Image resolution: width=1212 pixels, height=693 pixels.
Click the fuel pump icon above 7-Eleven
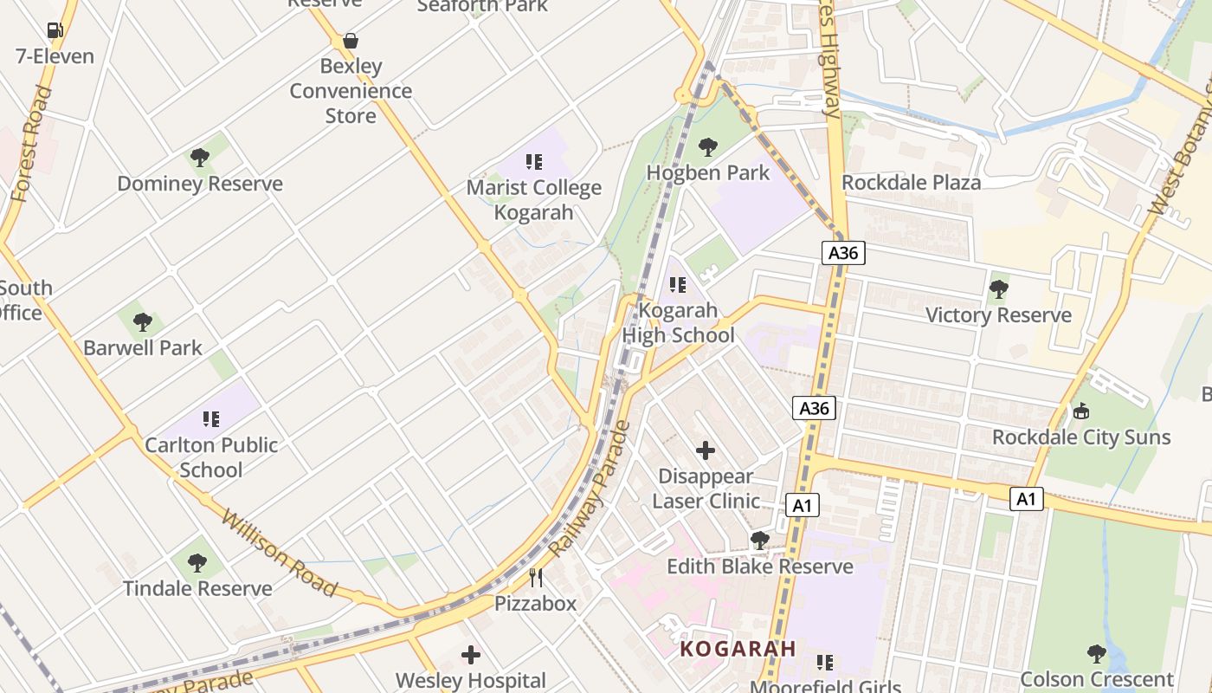(x=55, y=30)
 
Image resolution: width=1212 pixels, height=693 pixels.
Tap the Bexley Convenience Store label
(x=351, y=91)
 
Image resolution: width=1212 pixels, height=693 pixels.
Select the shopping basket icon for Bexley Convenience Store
(x=351, y=41)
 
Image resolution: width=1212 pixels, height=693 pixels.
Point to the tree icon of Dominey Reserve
(x=200, y=158)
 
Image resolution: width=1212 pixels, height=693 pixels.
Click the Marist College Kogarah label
(x=533, y=200)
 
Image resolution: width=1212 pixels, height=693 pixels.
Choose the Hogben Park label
(x=708, y=172)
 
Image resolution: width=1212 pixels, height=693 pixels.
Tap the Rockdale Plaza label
(x=912, y=183)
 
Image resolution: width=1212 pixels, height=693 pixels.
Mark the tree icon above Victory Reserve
(x=999, y=289)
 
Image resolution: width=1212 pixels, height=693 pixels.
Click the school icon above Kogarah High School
(x=678, y=284)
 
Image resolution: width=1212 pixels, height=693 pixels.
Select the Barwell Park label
(x=143, y=348)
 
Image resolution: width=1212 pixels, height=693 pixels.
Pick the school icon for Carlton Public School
(x=211, y=419)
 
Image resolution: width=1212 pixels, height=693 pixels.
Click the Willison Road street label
(x=279, y=553)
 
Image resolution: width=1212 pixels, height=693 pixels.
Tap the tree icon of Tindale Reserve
(x=197, y=563)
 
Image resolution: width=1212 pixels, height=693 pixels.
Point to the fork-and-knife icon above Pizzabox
(x=536, y=578)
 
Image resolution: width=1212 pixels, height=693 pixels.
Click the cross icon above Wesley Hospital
(x=471, y=655)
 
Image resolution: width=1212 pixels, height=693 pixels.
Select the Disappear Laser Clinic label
(x=706, y=489)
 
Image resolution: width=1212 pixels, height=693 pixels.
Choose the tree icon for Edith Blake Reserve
(x=760, y=541)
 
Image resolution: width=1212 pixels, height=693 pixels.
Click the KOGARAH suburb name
(x=738, y=649)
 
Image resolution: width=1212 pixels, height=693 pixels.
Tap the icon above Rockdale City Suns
(x=1080, y=411)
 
